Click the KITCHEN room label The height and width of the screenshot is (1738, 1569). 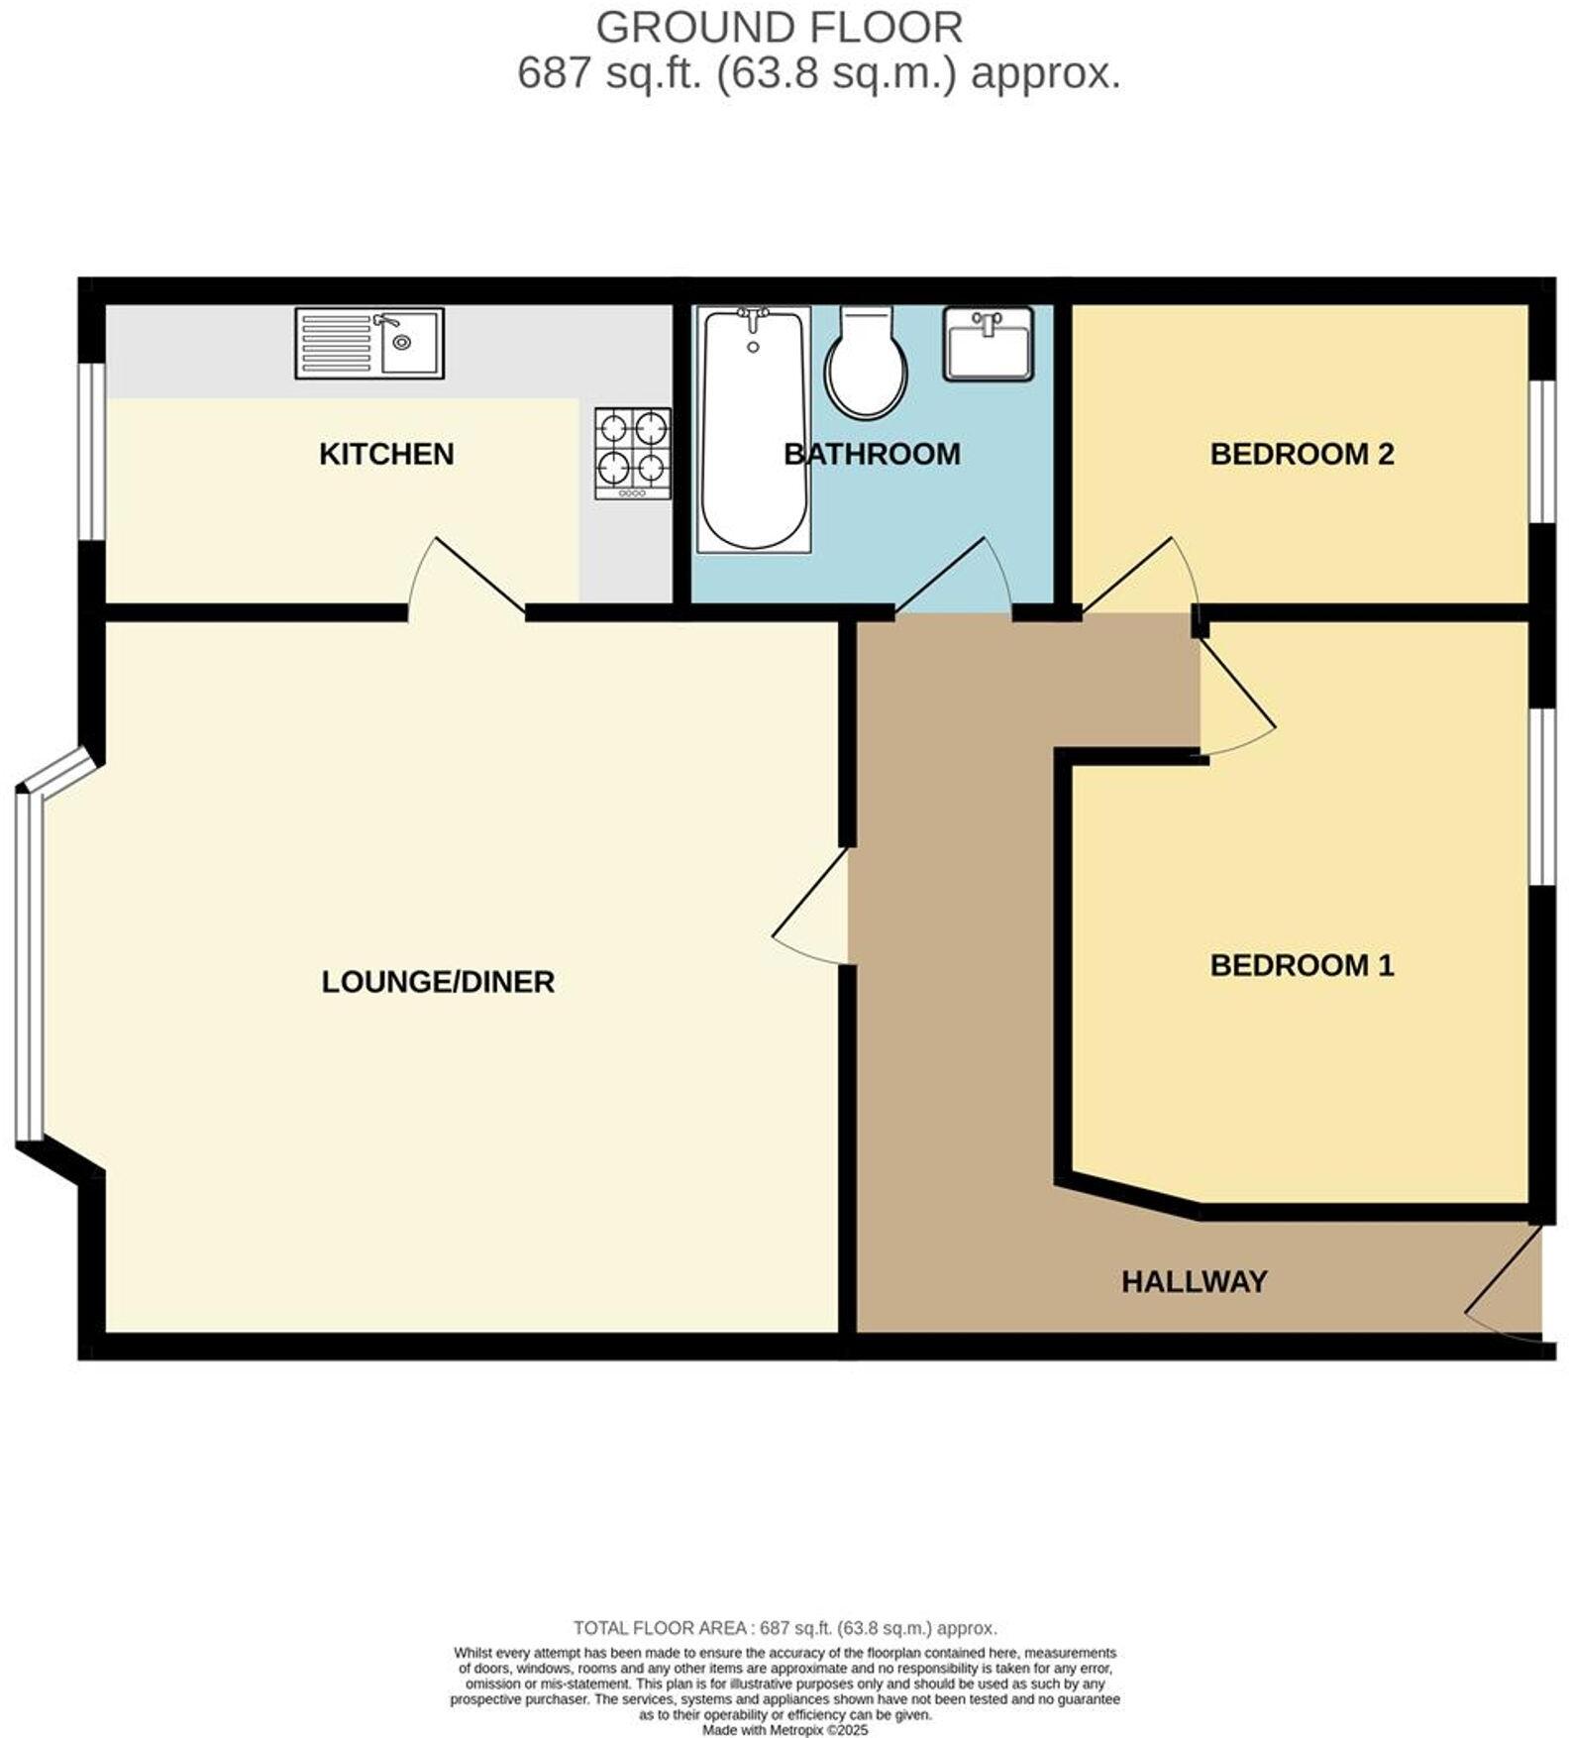[386, 454]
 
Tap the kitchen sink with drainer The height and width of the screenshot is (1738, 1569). [368, 343]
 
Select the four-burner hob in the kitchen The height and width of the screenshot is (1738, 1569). [632, 453]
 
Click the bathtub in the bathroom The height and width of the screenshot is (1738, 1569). [753, 428]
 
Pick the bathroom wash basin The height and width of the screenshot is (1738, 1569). [988, 343]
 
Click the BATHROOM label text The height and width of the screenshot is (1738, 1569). [872, 454]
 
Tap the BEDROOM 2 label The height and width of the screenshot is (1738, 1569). [1302, 454]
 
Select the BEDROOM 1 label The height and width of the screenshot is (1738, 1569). [1302, 964]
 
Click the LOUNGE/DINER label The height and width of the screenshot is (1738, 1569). [438, 981]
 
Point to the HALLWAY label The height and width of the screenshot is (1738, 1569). [1194, 1281]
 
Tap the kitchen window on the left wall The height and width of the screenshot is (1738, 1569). [91, 452]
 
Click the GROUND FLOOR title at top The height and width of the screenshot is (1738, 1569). [779, 27]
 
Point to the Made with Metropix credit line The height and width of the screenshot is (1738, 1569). [784, 1730]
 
